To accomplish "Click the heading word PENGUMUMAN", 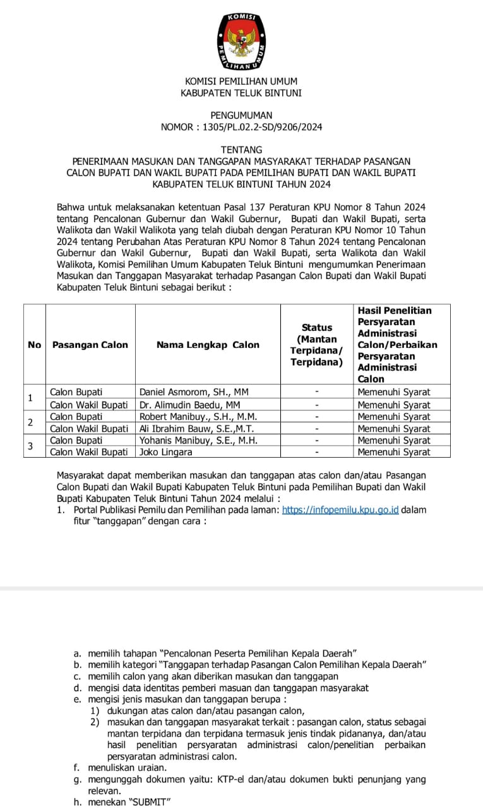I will click(241, 116).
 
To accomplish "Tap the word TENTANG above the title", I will click(241, 150).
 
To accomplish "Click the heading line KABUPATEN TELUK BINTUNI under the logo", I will click(241, 93).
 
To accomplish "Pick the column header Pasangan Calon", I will click(90, 345).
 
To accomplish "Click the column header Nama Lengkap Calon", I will click(208, 345).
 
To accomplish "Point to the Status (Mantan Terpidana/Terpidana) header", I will click(316, 345).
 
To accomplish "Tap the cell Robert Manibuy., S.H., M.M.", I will click(198, 417).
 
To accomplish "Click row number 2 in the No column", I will click(30, 422).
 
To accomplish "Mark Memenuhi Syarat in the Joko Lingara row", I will click(393, 452).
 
